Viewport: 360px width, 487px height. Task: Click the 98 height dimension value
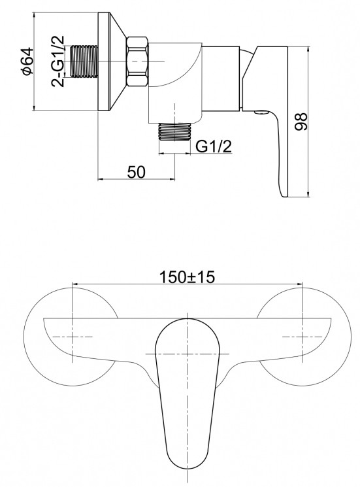click(x=301, y=122)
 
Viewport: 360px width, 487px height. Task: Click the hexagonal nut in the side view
click(x=139, y=63)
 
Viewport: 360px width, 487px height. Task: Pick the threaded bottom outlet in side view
click(x=175, y=132)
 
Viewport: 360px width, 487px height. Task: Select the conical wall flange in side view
click(x=112, y=63)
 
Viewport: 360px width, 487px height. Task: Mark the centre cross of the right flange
click(x=303, y=336)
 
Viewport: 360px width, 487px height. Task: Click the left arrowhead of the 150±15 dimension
click(x=73, y=284)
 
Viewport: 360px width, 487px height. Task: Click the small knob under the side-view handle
click(x=260, y=114)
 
